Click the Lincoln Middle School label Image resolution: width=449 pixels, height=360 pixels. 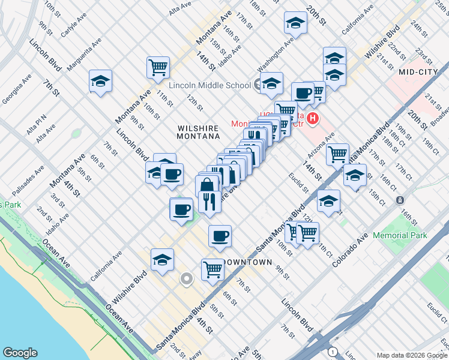209,85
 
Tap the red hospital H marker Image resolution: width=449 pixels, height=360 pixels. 312,119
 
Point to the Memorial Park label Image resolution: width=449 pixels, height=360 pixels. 400,235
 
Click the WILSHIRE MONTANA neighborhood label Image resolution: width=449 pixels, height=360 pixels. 198,132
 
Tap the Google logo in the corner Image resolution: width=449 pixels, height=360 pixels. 20,353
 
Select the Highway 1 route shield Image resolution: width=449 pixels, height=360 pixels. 333,351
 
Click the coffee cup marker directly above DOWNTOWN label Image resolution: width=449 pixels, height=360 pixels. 220,235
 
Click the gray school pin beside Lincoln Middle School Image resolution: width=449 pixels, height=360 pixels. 259,85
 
